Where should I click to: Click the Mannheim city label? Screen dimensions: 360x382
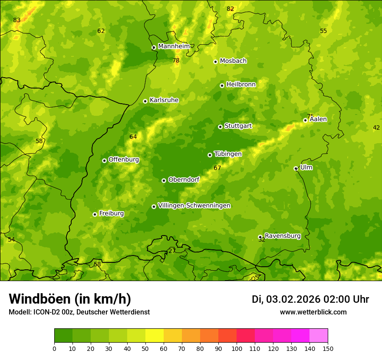point(174,46)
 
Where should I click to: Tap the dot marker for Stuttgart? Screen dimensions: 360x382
point(220,127)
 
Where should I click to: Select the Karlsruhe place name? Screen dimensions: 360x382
point(164,100)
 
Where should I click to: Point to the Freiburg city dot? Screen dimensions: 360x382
point(95,214)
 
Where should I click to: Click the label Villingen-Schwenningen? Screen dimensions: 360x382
point(194,206)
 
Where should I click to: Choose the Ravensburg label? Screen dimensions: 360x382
point(283,236)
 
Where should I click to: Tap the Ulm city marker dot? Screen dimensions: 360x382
point(296,168)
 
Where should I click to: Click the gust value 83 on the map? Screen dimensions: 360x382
point(17,20)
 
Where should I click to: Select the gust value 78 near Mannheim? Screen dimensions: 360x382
point(176,61)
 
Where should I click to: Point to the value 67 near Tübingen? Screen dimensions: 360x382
point(217,168)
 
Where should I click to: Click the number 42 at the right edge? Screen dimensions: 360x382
point(376,128)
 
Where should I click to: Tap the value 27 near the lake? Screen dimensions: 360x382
point(172,251)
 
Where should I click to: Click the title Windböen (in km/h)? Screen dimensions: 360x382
point(70,299)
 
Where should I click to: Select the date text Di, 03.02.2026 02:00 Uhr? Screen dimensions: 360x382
point(310,299)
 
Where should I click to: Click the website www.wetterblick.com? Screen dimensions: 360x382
point(313,312)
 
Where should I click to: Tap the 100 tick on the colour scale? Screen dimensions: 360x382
point(237,348)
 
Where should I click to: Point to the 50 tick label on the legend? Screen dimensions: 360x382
point(145,348)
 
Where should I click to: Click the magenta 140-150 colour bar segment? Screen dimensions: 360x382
point(319,336)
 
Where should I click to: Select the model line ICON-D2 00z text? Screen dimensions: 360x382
point(79,312)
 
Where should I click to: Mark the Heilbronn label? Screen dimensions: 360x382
point(241,85)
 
